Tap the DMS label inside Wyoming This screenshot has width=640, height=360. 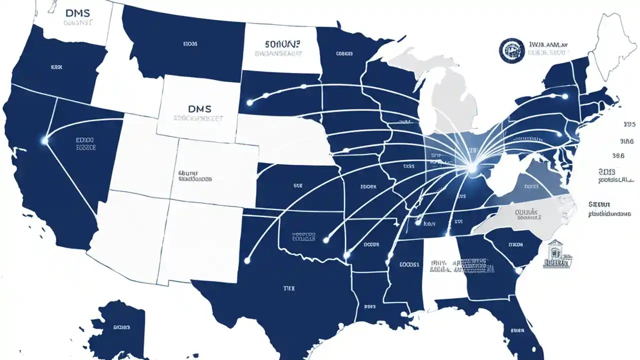coord(200,108)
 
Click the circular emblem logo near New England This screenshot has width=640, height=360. coord(510,51)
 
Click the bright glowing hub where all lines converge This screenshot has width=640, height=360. coord(471,169)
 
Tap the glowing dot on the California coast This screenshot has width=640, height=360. coord(45,141)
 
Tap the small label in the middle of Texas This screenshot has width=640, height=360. coord(289,288)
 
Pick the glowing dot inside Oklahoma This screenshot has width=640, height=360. coord(326,240)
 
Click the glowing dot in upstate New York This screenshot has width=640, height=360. coord(565,96)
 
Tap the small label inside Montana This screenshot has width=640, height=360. coord(190,44)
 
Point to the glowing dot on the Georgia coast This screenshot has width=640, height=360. coord(520,271)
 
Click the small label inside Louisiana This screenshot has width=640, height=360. coord(369,306)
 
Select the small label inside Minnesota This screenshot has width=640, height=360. coord(344,53)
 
